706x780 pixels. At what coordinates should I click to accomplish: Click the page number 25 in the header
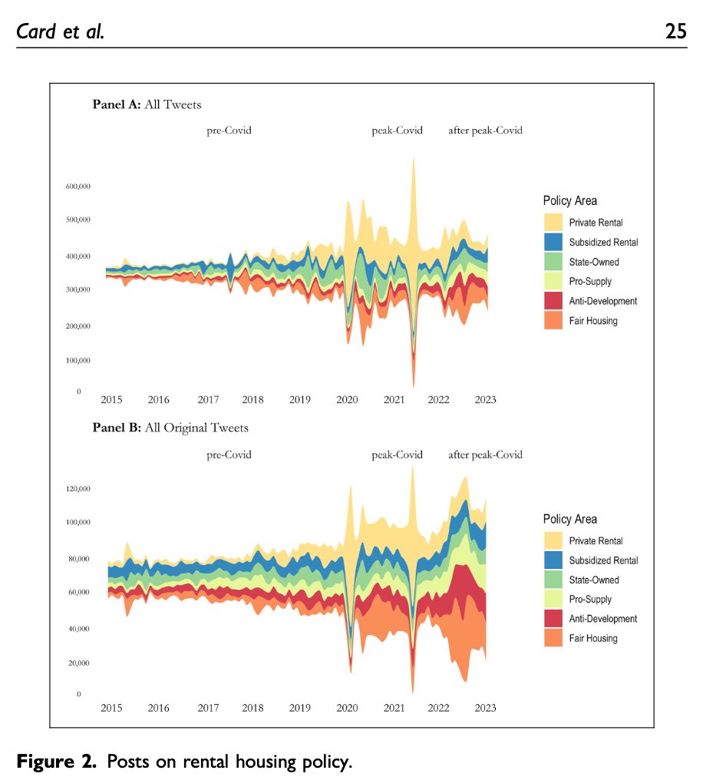click(x=675, y=33)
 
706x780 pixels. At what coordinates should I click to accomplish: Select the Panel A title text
click(x=147, y=104)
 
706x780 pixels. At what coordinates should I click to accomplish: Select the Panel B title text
click(x=170, y=428)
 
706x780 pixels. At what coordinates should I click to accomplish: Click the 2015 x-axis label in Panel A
click(x=111, y=399)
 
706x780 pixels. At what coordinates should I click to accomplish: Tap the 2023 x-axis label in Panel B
click(x=485, y=708)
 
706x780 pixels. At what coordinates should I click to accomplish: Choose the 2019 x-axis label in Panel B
click(x=299, y=708)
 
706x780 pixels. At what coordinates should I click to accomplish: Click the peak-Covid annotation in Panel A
click(x=397, y=131)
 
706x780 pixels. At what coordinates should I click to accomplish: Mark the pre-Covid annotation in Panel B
click(x=229, y=454)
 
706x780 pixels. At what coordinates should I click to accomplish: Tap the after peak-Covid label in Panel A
click(x=485, y=131)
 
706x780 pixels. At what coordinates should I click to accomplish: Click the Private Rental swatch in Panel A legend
click(x=553, y=223)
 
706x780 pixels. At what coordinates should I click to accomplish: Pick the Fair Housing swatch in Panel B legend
click(x=553, y=638)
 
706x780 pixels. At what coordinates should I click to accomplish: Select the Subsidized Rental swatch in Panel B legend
click(x=553, y=560)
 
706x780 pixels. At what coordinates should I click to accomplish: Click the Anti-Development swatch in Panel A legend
click(x=553, y=301)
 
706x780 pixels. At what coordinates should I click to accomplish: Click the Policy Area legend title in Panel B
click(x=569, y=519)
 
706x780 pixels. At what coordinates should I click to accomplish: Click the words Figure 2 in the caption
click(x=58, y=762)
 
